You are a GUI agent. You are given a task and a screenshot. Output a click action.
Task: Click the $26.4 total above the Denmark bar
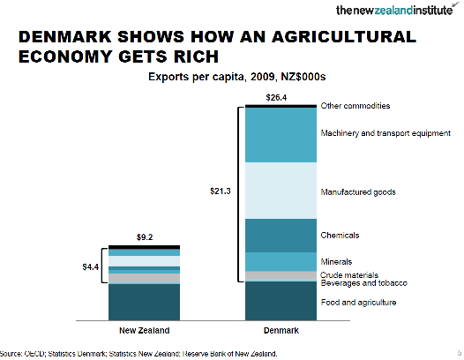coord(276,97)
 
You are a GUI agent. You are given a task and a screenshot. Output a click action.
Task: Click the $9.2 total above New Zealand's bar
coord(145,237)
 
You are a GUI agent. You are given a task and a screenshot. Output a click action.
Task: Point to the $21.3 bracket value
coord(221,191)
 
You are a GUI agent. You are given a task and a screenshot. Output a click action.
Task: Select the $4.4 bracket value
coord(91,267)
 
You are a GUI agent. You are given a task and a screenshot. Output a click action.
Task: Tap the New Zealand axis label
coord(145,330)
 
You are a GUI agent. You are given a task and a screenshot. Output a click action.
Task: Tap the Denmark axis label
coord(281,330)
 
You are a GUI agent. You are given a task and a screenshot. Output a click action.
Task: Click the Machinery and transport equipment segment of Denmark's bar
coord(281,135)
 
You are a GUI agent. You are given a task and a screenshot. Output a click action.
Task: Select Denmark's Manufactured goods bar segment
coord(281,191)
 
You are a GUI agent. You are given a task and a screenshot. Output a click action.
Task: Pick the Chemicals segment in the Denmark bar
coord(281,236)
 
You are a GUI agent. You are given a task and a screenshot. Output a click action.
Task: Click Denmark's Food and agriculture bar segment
coord(281,301)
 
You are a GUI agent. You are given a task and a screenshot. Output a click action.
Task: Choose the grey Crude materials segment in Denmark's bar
coord(281,275)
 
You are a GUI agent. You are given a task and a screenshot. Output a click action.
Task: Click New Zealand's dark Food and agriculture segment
coord(144,303)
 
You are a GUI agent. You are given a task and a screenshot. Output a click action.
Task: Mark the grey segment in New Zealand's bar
coord(144,278)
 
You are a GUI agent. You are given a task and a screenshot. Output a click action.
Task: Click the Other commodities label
coord(355,106)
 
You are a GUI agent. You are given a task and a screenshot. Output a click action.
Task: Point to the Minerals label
coord(336,262)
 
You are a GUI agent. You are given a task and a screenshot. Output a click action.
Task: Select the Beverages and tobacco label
coord(364,283)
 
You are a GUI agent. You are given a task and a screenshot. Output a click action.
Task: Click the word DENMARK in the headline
coord(64,37)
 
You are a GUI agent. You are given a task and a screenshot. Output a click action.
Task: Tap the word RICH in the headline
coord(196,56)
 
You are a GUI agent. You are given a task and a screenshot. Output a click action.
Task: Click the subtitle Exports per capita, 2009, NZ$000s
coord(237,77)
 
